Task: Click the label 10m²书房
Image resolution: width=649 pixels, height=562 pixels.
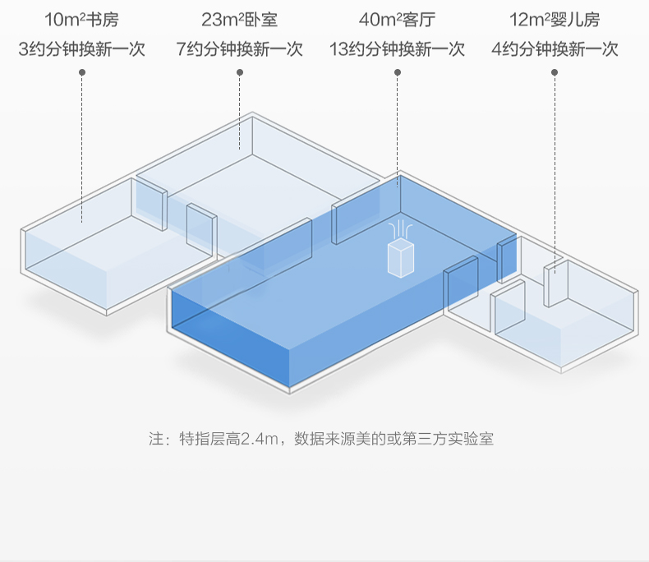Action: [x=81, y=20]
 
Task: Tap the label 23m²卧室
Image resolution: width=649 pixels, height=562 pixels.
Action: [x=239, y=20]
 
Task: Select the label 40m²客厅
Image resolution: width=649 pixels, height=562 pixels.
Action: [x=397, y=20]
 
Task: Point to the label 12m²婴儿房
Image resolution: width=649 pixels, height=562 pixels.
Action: [x=555, y=20]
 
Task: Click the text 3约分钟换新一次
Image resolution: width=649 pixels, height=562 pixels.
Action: [x=81, y=49]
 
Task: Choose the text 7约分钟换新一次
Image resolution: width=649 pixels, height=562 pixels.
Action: [x=239, y=49]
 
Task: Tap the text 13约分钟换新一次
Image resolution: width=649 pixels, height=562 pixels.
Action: [x=397, y=49]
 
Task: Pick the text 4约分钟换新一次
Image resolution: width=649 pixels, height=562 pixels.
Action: [x=555, y=49]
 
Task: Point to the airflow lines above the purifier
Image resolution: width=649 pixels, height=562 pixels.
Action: [x=400, y=228]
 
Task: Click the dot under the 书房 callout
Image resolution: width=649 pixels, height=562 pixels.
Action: [x=82, y=72]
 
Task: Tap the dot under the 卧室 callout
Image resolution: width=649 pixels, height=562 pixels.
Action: [x=240, y=72]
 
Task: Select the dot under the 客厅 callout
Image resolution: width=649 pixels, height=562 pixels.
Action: [x=398, y=72]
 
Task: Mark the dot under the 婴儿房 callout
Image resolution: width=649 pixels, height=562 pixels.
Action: [x=555, y=72]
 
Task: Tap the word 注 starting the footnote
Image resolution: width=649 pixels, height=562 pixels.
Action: [x=156, y=439]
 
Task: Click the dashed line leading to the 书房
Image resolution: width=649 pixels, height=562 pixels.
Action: [x=82, y=148]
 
